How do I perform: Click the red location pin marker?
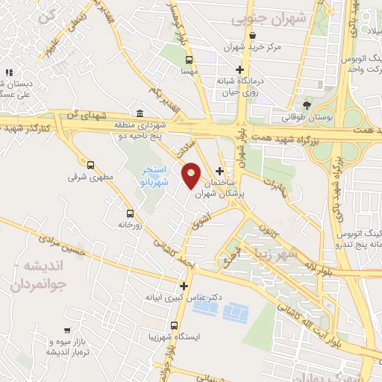tap(192, 175)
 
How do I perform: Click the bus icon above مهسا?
tap(189, 59)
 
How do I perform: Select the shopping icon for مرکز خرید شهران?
tap(253, 35)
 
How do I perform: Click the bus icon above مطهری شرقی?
tap(91, 165)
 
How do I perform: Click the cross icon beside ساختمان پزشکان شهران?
tap(220, 171)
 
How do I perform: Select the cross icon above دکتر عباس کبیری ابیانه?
tap(184, 285)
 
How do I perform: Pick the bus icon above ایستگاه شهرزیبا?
tap(174, 325)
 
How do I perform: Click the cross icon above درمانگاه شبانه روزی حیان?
tap(239, 69)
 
